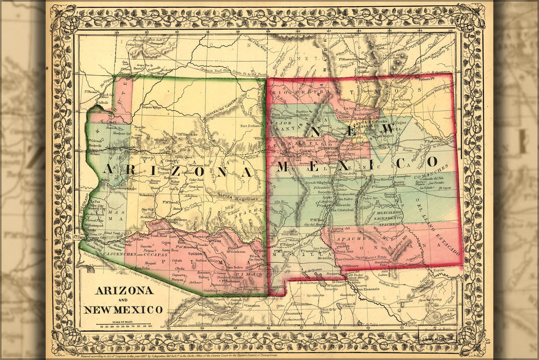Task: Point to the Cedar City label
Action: [134, 45]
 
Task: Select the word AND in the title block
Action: [123, 300]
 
